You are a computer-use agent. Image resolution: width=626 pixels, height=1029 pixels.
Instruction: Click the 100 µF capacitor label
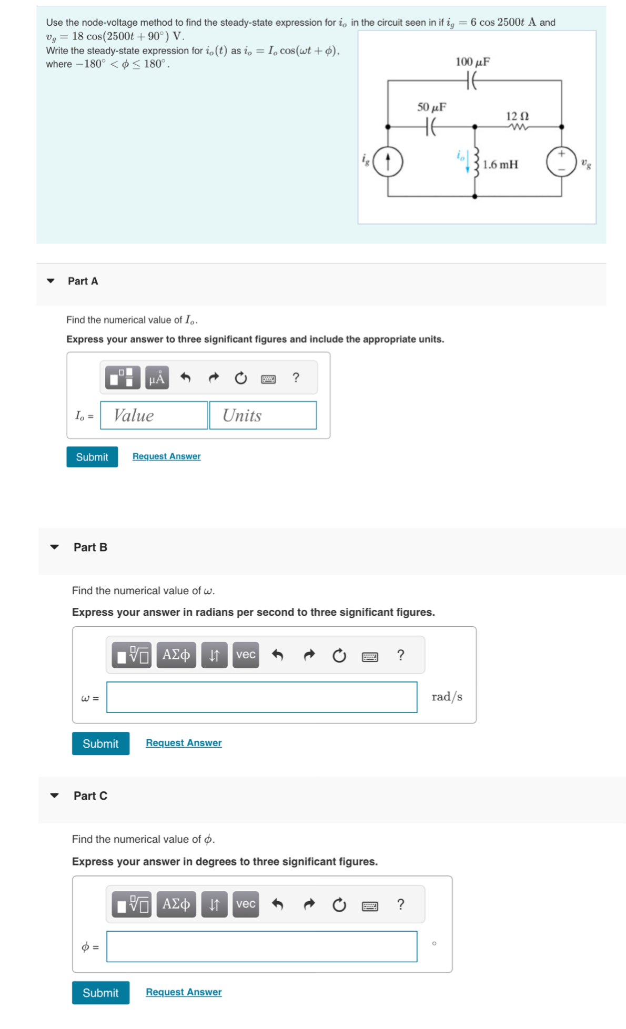coord(472,62)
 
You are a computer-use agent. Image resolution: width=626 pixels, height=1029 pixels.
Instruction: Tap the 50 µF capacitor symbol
coord(431,127)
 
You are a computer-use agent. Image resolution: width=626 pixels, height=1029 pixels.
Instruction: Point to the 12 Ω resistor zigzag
coord(518,127)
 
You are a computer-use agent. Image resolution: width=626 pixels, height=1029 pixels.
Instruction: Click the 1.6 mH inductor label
coord(500,165)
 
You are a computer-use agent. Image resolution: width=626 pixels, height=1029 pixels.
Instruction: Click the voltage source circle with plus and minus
coord(561,161)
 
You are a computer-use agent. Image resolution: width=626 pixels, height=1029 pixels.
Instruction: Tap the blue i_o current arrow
coord(467,162)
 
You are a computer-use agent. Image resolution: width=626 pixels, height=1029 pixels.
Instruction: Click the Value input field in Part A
coord(154,415)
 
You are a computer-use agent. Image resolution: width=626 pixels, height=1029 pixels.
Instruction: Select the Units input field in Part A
coord(262,415)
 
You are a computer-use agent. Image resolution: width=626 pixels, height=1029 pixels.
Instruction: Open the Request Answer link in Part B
coord(184,742)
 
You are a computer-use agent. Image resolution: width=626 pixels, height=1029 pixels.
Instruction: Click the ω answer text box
coord(261,697)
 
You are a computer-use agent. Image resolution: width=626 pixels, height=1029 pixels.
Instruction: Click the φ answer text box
coord(261,946)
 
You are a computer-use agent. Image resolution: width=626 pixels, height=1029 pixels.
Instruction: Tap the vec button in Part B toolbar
coord(246,655)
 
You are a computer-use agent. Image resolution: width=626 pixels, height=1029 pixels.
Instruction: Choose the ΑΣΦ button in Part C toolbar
coord(176,904)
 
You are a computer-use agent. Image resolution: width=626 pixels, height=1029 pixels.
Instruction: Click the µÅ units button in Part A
coord(157,378)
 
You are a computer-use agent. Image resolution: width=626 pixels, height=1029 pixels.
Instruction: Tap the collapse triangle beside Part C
coord(54,796)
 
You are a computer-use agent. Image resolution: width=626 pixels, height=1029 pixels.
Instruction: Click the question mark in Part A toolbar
coord(296,378)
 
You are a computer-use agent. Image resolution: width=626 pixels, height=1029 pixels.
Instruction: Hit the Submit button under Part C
coord(100,993)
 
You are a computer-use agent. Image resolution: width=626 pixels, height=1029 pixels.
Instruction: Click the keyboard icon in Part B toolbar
coord(370,656)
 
